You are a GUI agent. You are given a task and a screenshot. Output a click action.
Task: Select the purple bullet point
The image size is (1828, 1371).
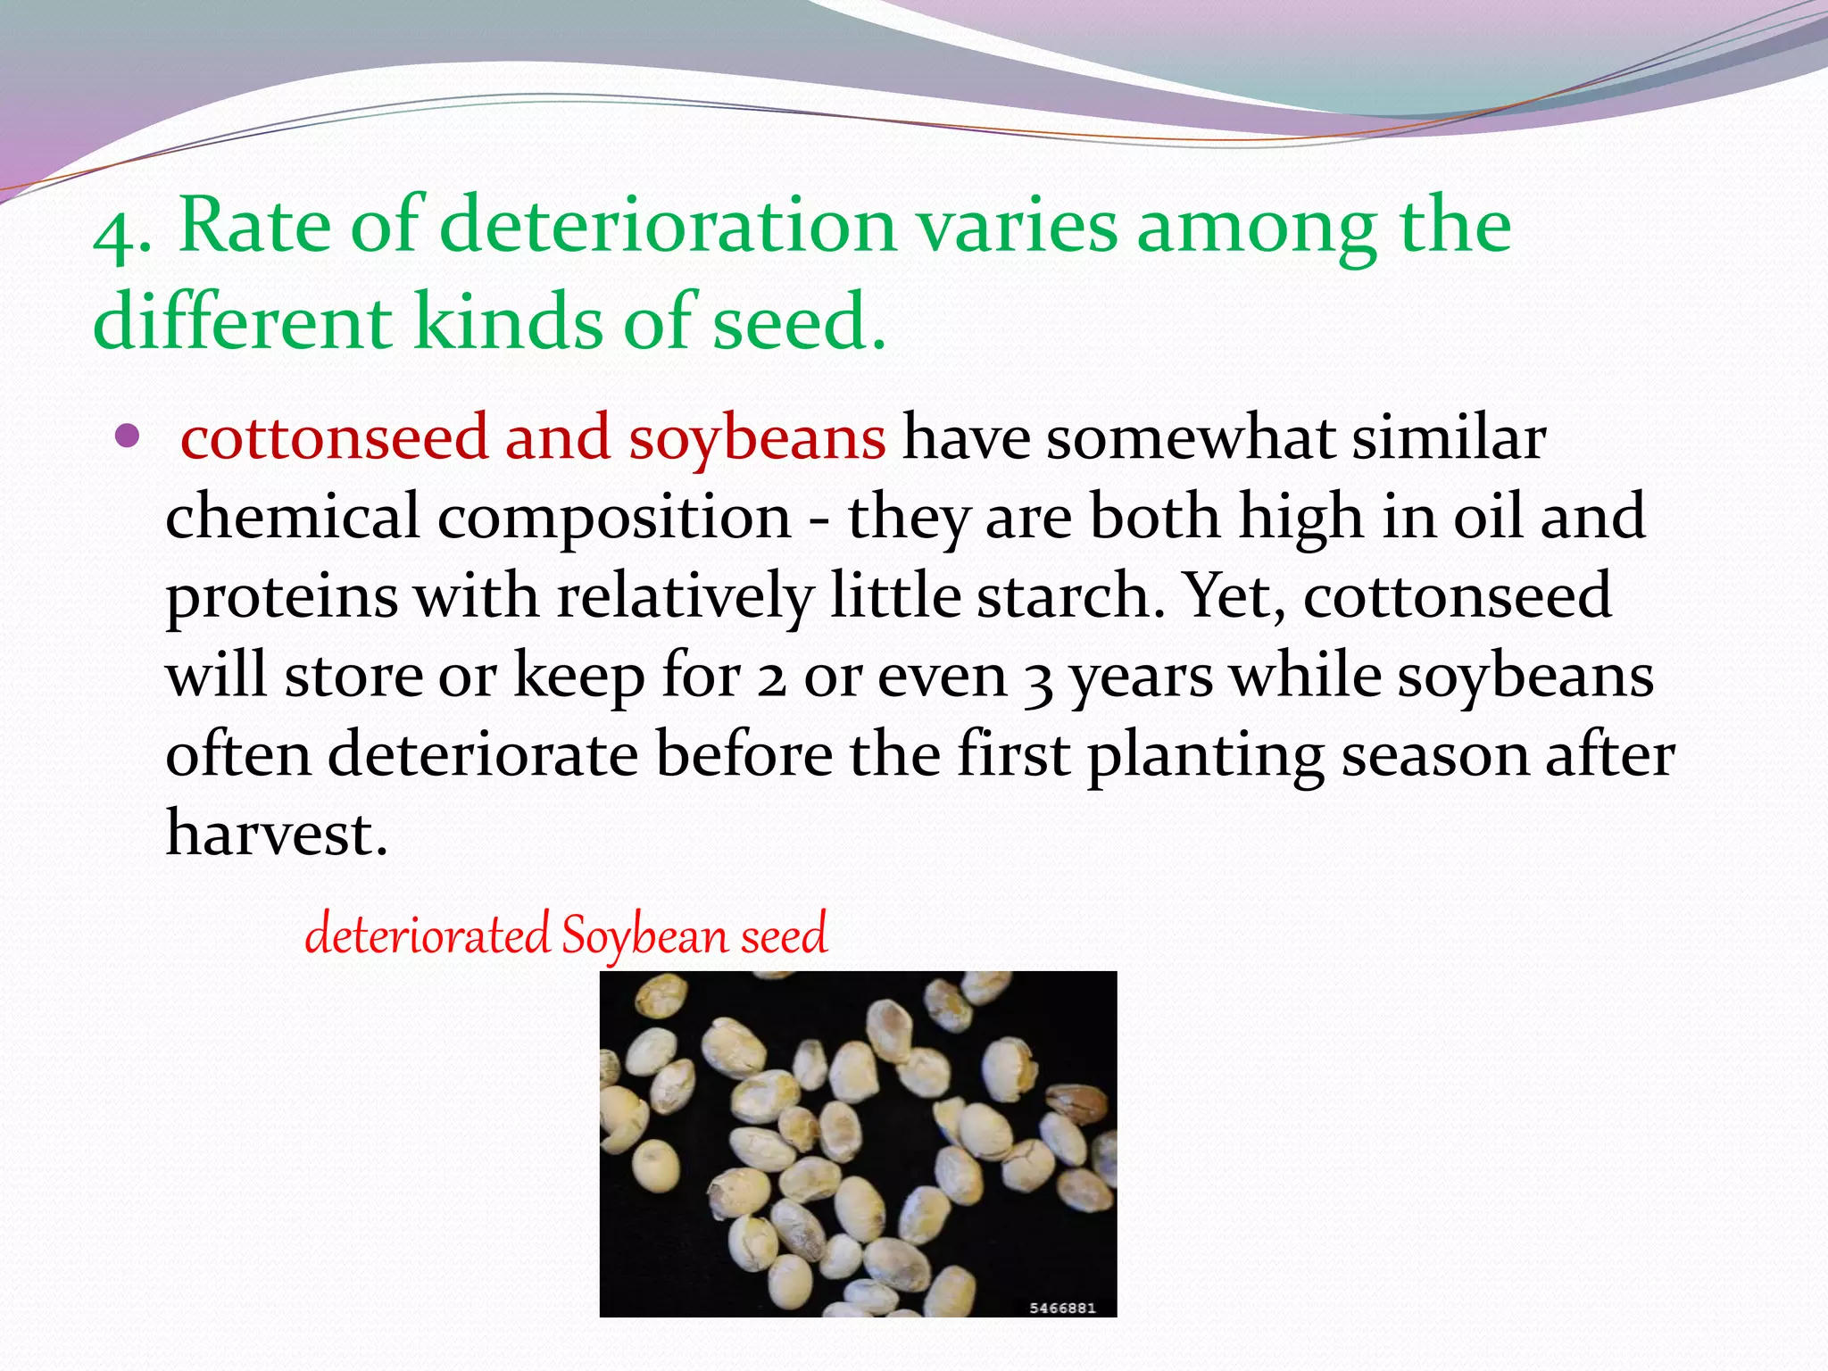[x=129, y=436]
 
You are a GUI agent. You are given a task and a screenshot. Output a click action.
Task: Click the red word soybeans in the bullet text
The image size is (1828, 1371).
[x=757, y=439]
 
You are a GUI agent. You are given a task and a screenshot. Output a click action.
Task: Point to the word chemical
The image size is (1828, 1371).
[x=292, y=518]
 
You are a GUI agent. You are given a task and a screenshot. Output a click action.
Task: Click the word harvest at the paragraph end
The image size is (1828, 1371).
[x=276, y=834]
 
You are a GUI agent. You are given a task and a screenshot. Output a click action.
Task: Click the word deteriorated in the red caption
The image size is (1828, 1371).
[x=427, y=935]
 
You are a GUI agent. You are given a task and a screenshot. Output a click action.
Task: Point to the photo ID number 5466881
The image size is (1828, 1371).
[x=1062, y=1308]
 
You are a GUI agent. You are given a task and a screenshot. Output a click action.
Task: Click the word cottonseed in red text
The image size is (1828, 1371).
[x=334, y=439]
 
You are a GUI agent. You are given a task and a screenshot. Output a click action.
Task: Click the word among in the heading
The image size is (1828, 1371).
[x=1257, y=228]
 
